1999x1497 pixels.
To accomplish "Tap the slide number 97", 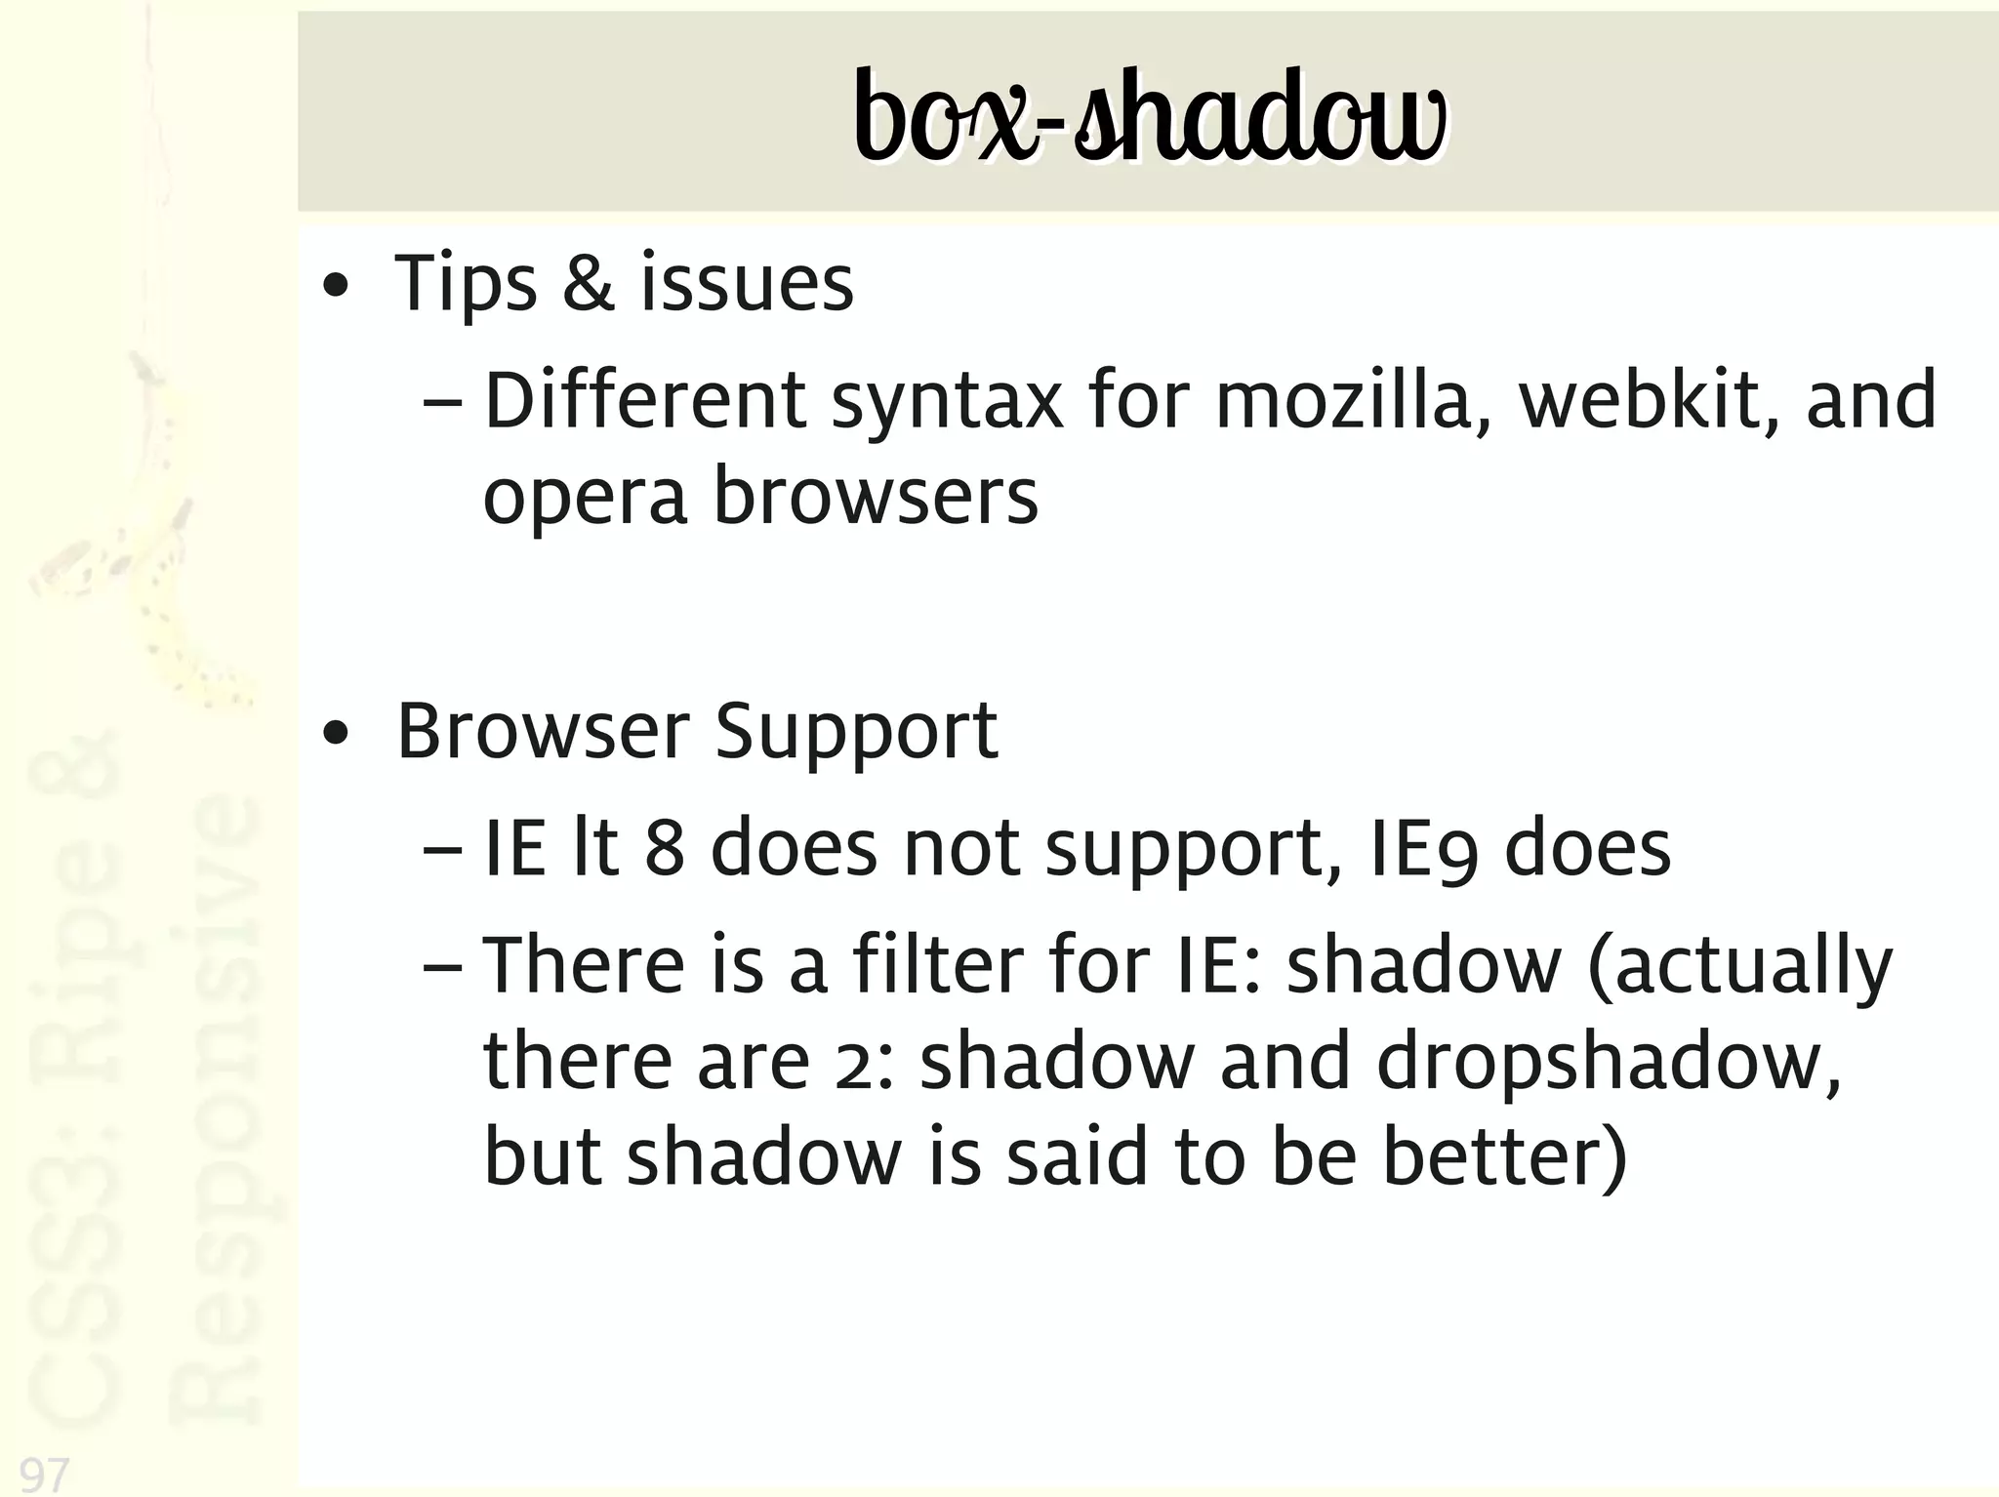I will point(45,1473).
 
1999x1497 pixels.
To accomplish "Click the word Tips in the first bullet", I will point(465,284).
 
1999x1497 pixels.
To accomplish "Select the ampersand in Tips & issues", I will point(589,283).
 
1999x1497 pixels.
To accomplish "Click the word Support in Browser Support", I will point(856,734).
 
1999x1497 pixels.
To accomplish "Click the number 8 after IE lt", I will point(664,849).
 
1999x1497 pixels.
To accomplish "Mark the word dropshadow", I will point(1608,1063).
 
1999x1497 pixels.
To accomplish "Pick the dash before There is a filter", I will point(443,965).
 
